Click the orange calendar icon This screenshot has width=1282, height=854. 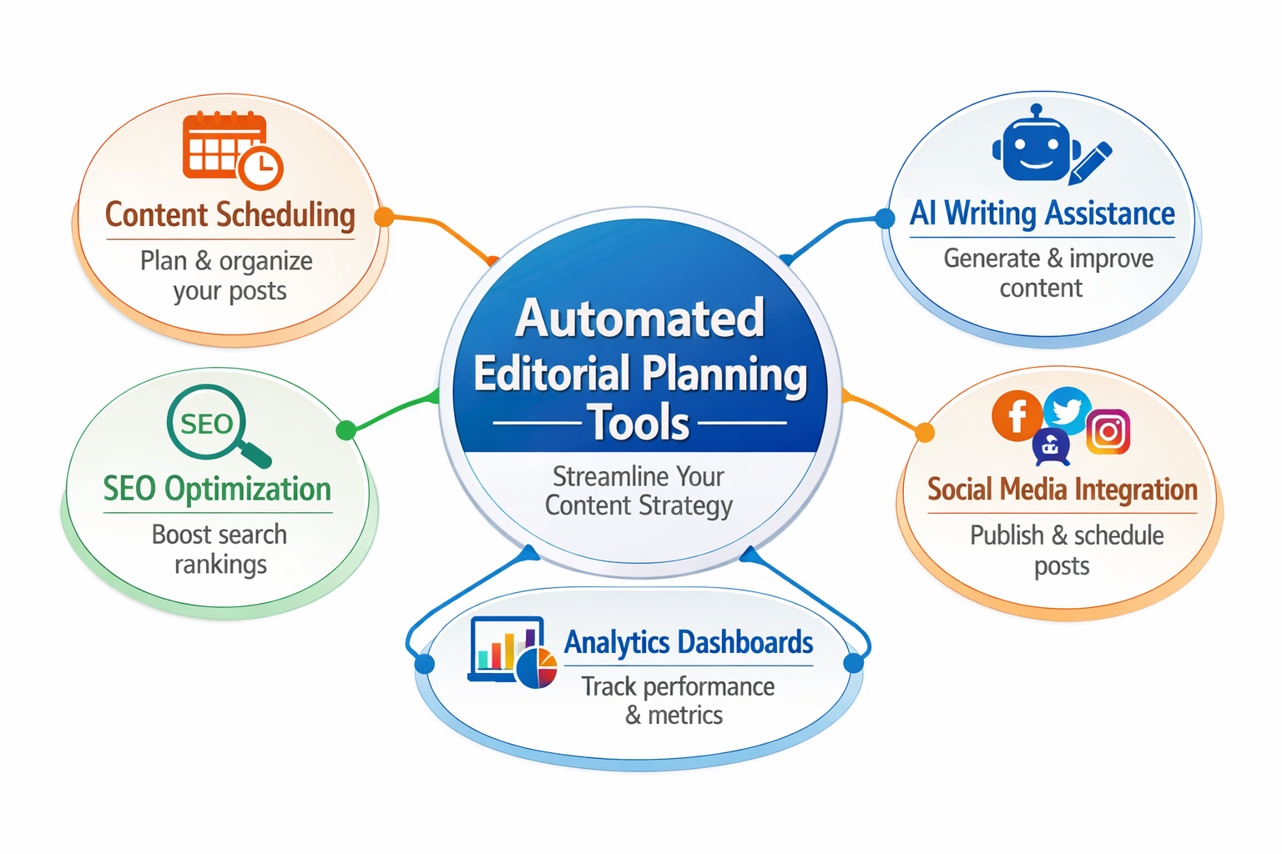point(224,147)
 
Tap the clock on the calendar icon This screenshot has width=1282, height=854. point(261,168)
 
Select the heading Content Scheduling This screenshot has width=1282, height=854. point(230,215)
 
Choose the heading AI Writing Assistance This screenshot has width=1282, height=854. point(1042,213)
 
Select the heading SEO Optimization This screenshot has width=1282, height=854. point(217,489)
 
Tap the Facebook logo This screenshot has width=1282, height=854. point(1017,415)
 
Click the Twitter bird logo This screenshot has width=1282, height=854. point(1067,409)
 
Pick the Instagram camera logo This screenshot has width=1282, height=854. point(1108,432)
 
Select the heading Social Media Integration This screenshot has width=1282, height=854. point(1062,490)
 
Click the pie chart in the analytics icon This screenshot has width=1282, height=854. point(537,668)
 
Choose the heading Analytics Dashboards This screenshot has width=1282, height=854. point(689,643)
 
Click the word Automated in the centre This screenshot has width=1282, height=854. point(640,319)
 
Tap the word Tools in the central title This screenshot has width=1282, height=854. point(639,424)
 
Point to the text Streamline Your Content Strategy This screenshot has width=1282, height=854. point(638,491)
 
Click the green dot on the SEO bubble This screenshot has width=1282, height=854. point(346,430)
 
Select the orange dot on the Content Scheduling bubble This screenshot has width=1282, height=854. point(384,217)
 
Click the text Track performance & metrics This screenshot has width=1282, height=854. point(677,701)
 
